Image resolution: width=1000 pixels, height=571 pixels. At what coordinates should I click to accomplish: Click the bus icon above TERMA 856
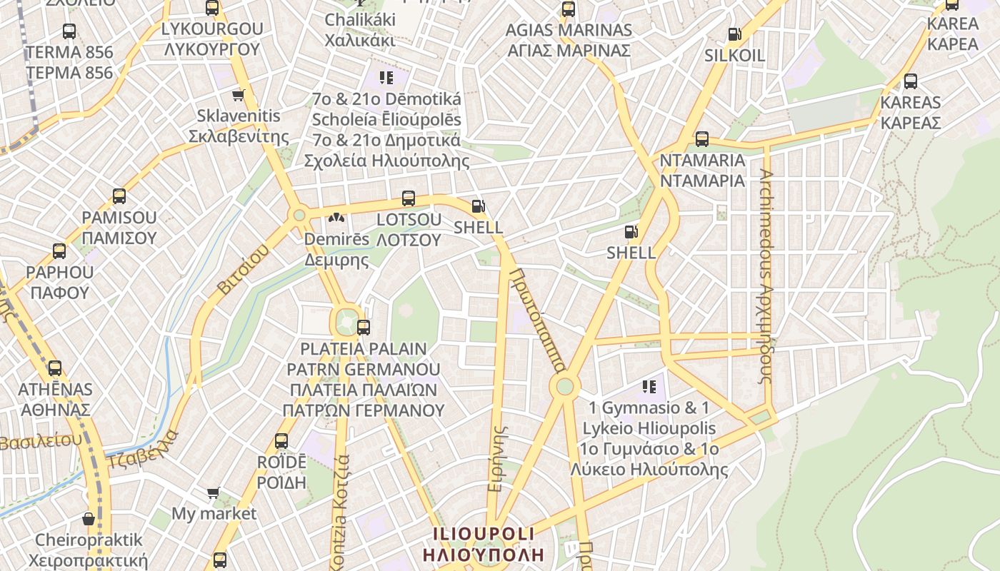(x=69, y=31)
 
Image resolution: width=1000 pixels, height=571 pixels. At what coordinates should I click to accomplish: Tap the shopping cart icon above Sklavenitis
(x=238, y=95)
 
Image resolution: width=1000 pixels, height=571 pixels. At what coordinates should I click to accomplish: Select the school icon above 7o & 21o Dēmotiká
(x=386, y=78)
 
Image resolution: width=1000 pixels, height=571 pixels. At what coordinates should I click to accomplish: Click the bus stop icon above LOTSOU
(x=409, y=198)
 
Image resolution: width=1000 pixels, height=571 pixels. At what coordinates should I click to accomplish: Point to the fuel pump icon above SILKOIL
(x=734, y=34)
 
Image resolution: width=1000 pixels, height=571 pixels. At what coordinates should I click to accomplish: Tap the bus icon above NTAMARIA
(x=702, y=139)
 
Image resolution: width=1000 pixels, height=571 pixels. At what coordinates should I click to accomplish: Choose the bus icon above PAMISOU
(x=119, y=196)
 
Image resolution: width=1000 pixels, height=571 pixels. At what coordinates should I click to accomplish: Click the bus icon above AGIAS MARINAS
(x=569, y=9)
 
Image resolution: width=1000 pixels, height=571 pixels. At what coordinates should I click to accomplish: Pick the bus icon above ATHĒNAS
(x=55, y=368)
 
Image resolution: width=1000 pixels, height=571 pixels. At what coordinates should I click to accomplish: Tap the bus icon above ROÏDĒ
(x=281, y=441)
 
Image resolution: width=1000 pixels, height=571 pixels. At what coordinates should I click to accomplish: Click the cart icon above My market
(x=213, y=492)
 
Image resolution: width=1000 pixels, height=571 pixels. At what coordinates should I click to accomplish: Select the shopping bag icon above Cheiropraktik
(x=89, y=519)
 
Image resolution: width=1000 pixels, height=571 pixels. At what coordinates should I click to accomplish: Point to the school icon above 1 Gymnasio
(x=649, y=387)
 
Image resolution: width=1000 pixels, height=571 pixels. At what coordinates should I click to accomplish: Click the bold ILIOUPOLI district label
(x=483, y=544)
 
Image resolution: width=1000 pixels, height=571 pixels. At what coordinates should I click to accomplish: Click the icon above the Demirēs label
(x=336, y=218)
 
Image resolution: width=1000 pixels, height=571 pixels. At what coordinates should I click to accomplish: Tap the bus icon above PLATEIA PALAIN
(x=364, y=328)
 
